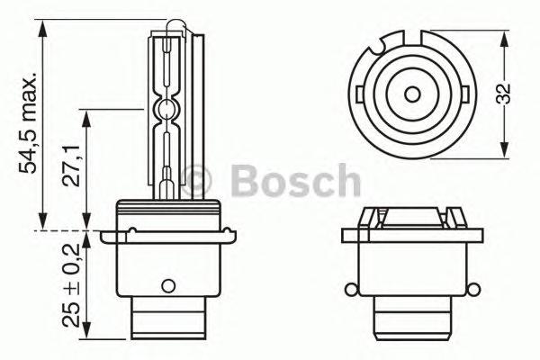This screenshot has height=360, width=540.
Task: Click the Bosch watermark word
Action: (295, 183)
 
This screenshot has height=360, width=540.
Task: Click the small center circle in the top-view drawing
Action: (413, 94)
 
